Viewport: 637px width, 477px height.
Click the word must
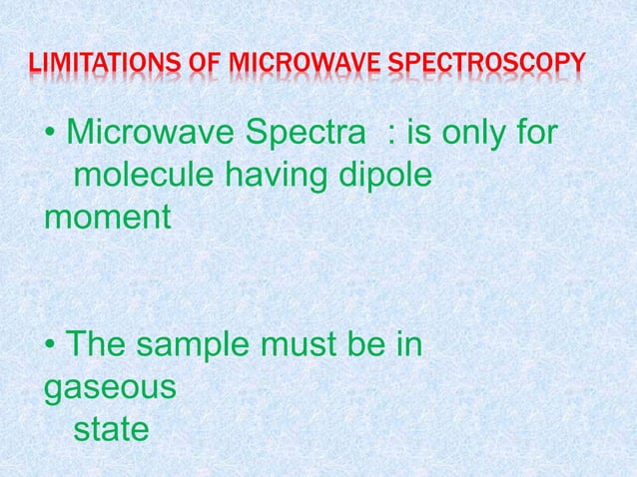[300, 348]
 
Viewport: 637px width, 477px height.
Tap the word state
[111, 433]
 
